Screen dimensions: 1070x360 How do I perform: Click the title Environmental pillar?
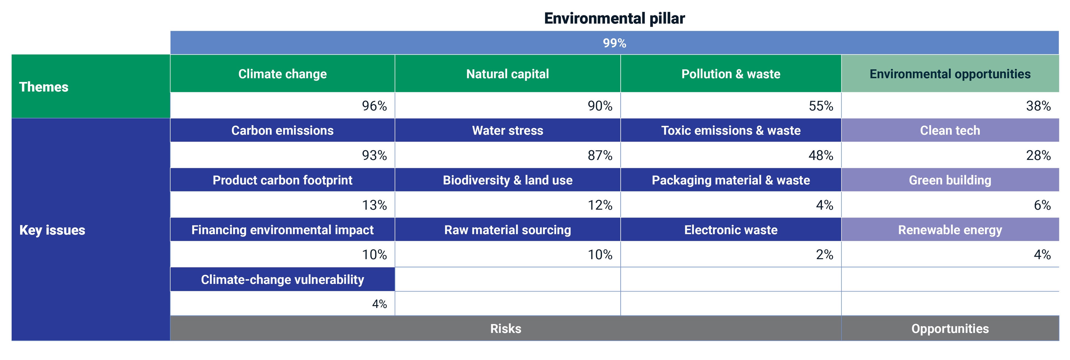tap(614, 18)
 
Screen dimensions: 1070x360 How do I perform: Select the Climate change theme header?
tap(283, 74)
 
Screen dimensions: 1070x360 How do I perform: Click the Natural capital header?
tap(508, 74)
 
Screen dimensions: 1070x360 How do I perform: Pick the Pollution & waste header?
tap(731, 74)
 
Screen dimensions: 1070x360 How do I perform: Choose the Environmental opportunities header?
tap(950, 74)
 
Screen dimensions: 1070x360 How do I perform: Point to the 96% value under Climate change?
tap(374, 106)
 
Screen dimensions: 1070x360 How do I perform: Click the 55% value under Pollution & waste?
tap(821, 106)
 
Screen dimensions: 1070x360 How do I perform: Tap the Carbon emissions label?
tap(283, 130)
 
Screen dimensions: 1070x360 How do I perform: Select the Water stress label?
tap(508, 130)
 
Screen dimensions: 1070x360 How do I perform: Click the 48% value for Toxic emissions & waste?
tap(821, 155)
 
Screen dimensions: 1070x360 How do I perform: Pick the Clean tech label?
tap(950, 130)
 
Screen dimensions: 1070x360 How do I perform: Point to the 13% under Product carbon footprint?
tap(374, 205)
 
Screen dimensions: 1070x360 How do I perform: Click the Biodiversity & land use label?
tap(508, 180)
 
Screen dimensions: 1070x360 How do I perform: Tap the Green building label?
tap(950, 180)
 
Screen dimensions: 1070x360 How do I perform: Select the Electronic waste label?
tap(731, 230)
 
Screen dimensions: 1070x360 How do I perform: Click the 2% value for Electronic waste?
tap(825, 254)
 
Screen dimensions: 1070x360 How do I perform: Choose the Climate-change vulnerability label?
tap(283, 279)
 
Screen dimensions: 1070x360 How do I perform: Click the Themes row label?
tap(44, 87)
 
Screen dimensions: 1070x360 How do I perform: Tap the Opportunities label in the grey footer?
tap(950, 329)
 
